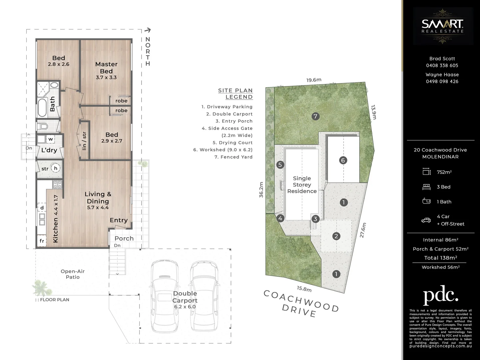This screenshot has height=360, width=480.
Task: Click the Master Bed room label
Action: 106,68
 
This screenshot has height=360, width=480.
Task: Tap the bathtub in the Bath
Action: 42,107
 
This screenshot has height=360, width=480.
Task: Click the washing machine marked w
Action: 50,139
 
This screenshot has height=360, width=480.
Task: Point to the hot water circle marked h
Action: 56,168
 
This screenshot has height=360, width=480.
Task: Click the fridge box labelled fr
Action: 42,241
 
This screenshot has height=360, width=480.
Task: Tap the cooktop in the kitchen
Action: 57,184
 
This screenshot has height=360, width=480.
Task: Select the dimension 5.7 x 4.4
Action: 98,207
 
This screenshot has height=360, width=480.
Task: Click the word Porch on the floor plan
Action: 124,238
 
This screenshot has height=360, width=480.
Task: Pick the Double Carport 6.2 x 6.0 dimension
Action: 185,307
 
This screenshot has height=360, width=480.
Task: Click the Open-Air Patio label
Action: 73,274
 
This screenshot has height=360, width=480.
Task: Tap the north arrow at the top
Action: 148,30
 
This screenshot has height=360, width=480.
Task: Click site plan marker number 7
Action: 315,116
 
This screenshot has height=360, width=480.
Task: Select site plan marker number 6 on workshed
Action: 343,160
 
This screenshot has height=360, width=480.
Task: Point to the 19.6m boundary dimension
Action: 314,80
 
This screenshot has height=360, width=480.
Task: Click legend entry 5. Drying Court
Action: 233,143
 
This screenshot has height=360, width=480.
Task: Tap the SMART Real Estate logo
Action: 442,26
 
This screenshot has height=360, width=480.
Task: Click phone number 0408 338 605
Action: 442,66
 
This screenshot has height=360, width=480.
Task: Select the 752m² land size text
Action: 444,172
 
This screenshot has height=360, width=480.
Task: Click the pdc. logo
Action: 440,295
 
